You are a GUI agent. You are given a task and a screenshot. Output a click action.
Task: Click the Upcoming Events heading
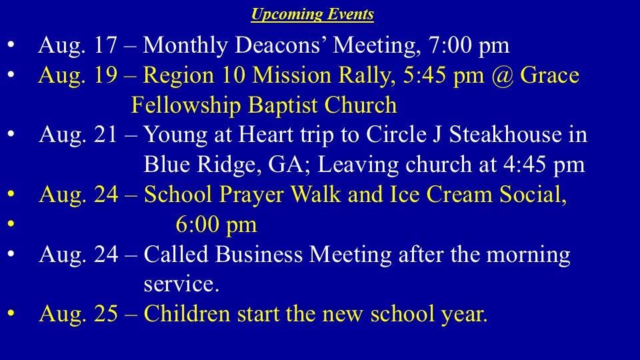coord(312,14)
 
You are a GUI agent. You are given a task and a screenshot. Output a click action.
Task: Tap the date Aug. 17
coord(78,45)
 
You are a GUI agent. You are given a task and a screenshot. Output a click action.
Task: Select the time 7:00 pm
coord(469,45)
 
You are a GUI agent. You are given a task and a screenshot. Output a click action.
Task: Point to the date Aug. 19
coord(78,75)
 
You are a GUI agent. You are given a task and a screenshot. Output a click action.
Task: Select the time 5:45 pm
coord(444,76)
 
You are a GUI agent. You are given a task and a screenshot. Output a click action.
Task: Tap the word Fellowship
coord(186,105)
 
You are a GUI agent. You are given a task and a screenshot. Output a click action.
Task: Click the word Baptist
coord(283,105)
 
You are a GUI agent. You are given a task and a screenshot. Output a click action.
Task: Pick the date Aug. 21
coord(79,135)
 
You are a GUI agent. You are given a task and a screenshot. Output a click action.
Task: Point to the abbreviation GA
coord(289,165)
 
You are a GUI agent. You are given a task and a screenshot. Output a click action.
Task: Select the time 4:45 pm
coord(544,165)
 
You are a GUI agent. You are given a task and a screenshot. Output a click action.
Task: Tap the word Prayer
coord(251,194)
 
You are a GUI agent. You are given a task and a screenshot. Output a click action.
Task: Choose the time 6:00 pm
coord(216,225)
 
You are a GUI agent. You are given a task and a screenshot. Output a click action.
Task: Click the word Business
coord(259,254)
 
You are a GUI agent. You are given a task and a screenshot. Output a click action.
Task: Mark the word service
coord(181,284)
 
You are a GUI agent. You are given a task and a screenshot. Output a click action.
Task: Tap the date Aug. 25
coord(79,314)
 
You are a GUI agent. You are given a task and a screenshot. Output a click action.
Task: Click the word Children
coord(187,313)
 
